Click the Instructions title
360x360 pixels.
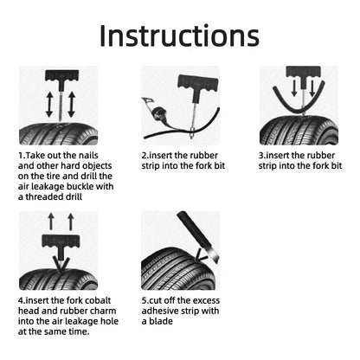pyautogui.click(x=179, y=35)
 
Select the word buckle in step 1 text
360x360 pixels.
pyautogui.click(x=74, y=185)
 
